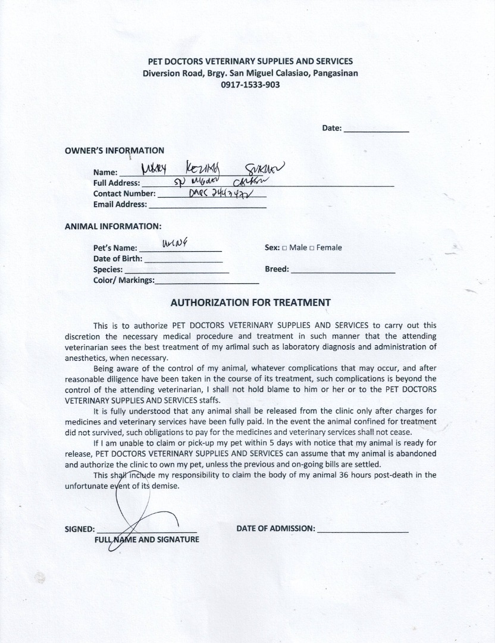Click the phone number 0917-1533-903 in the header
pos(250,85)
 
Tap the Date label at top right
pos(331,128)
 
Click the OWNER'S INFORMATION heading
pos(114,151)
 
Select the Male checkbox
pos(284,248)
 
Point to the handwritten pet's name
pos(171,243)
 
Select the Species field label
pos(108,270)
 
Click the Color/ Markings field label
pos(124,280)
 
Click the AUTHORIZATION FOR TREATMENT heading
pos(250,302)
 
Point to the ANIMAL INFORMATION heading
pos(112,227)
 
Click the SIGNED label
pos(80,529)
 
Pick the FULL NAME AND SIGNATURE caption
pos(147,540)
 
